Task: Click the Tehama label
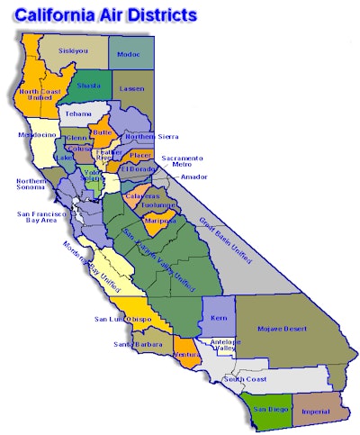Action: tap(80, 114)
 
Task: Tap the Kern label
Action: tap(217, 318)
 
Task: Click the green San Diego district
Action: tap(269, 409)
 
